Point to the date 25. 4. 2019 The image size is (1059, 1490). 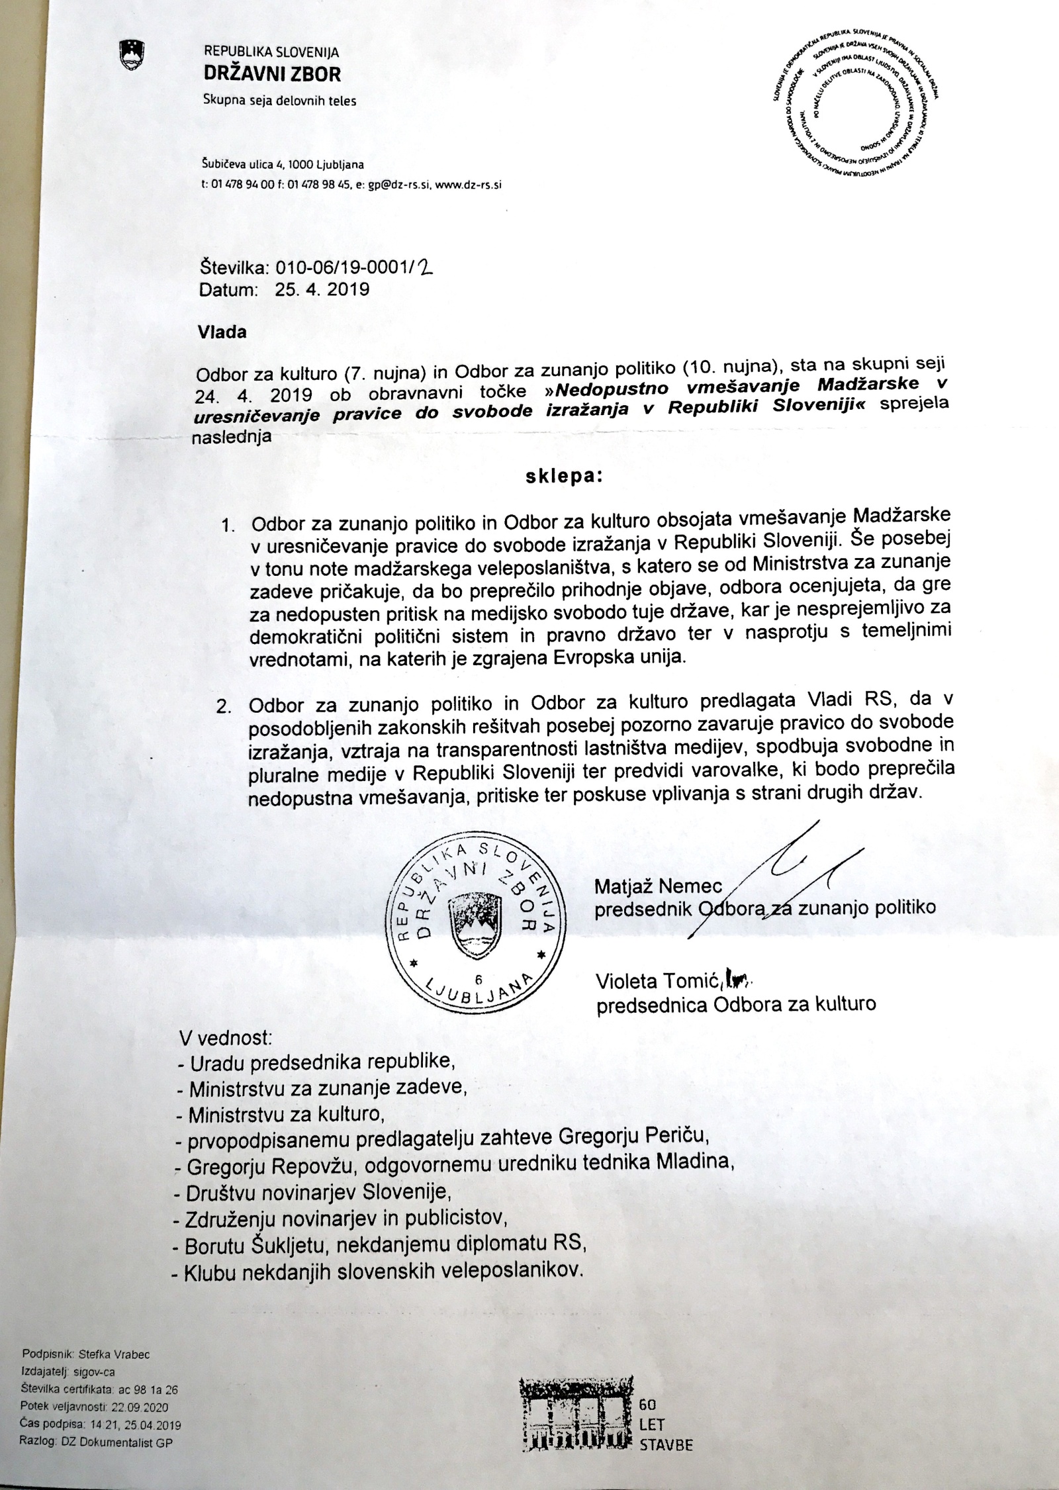(318, 289)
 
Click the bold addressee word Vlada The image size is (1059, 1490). (222, 332)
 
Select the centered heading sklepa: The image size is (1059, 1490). (564, 478)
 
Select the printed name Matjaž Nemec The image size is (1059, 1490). (659, 886)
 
